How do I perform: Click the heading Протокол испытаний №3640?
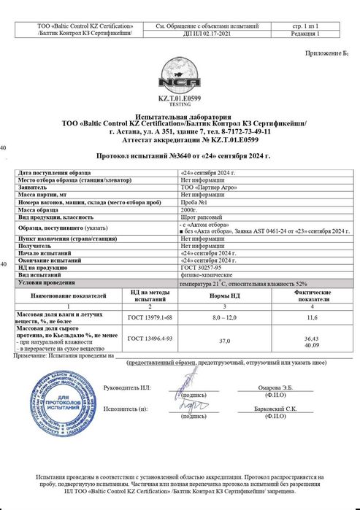pyautogui.click(x=183, y=156)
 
